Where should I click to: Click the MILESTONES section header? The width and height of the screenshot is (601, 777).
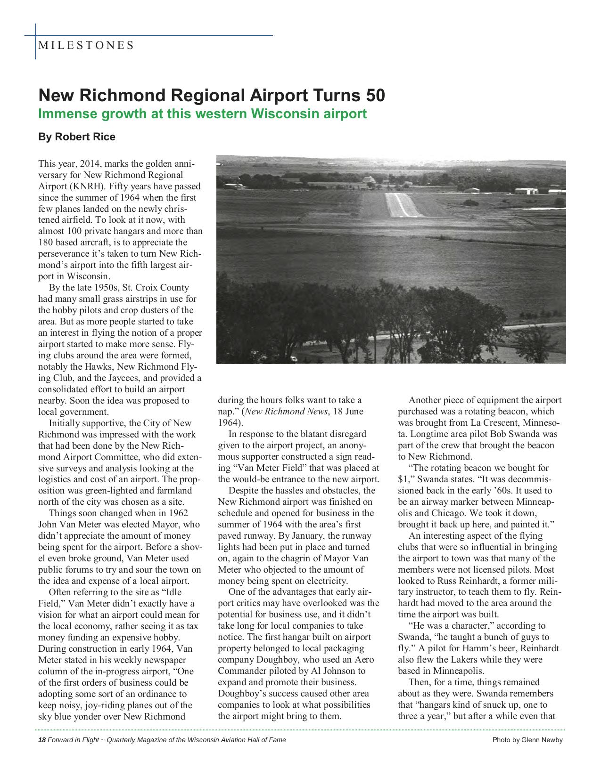pos(86,45)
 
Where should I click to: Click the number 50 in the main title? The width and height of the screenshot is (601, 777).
pos(374,96)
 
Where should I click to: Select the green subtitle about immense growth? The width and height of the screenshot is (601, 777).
pos(202,114)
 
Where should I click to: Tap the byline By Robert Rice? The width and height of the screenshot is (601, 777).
pos(76,137)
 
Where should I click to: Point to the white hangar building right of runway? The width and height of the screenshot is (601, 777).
pos(526,191)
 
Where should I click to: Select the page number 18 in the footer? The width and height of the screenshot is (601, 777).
pos(41,740)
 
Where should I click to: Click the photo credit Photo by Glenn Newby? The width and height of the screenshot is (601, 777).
pos(527,740)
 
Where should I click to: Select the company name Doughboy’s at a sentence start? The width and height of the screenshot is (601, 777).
pos(240,694)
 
